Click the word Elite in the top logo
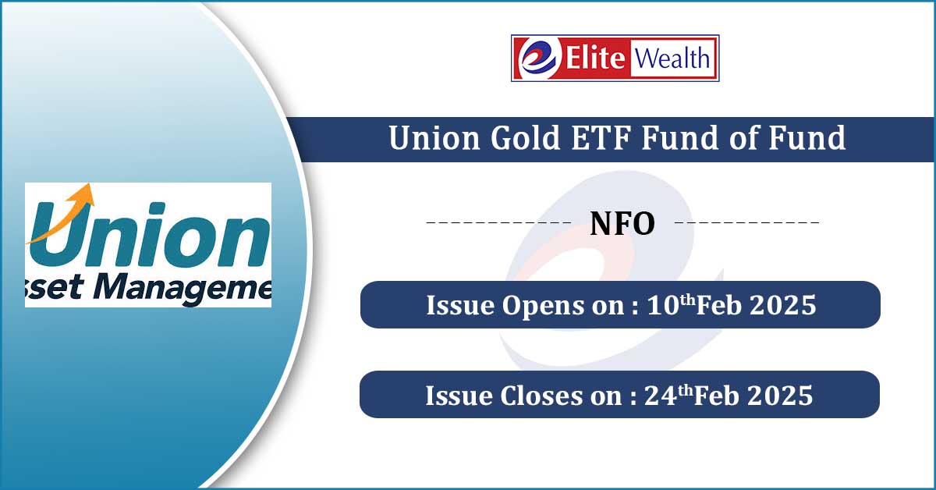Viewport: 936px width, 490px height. (595, 58)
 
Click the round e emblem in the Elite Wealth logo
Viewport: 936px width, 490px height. (539, 58)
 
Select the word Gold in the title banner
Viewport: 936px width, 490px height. (525, 137)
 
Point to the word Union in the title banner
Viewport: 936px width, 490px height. (434, 137)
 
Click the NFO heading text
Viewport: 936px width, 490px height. (622, 224)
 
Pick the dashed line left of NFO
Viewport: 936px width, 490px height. (498, 222)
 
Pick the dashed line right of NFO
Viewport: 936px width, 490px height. (747, 222)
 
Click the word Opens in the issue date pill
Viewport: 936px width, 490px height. (543, 306)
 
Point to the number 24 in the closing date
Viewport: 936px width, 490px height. (661, 396)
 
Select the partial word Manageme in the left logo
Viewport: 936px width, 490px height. (183, 289)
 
